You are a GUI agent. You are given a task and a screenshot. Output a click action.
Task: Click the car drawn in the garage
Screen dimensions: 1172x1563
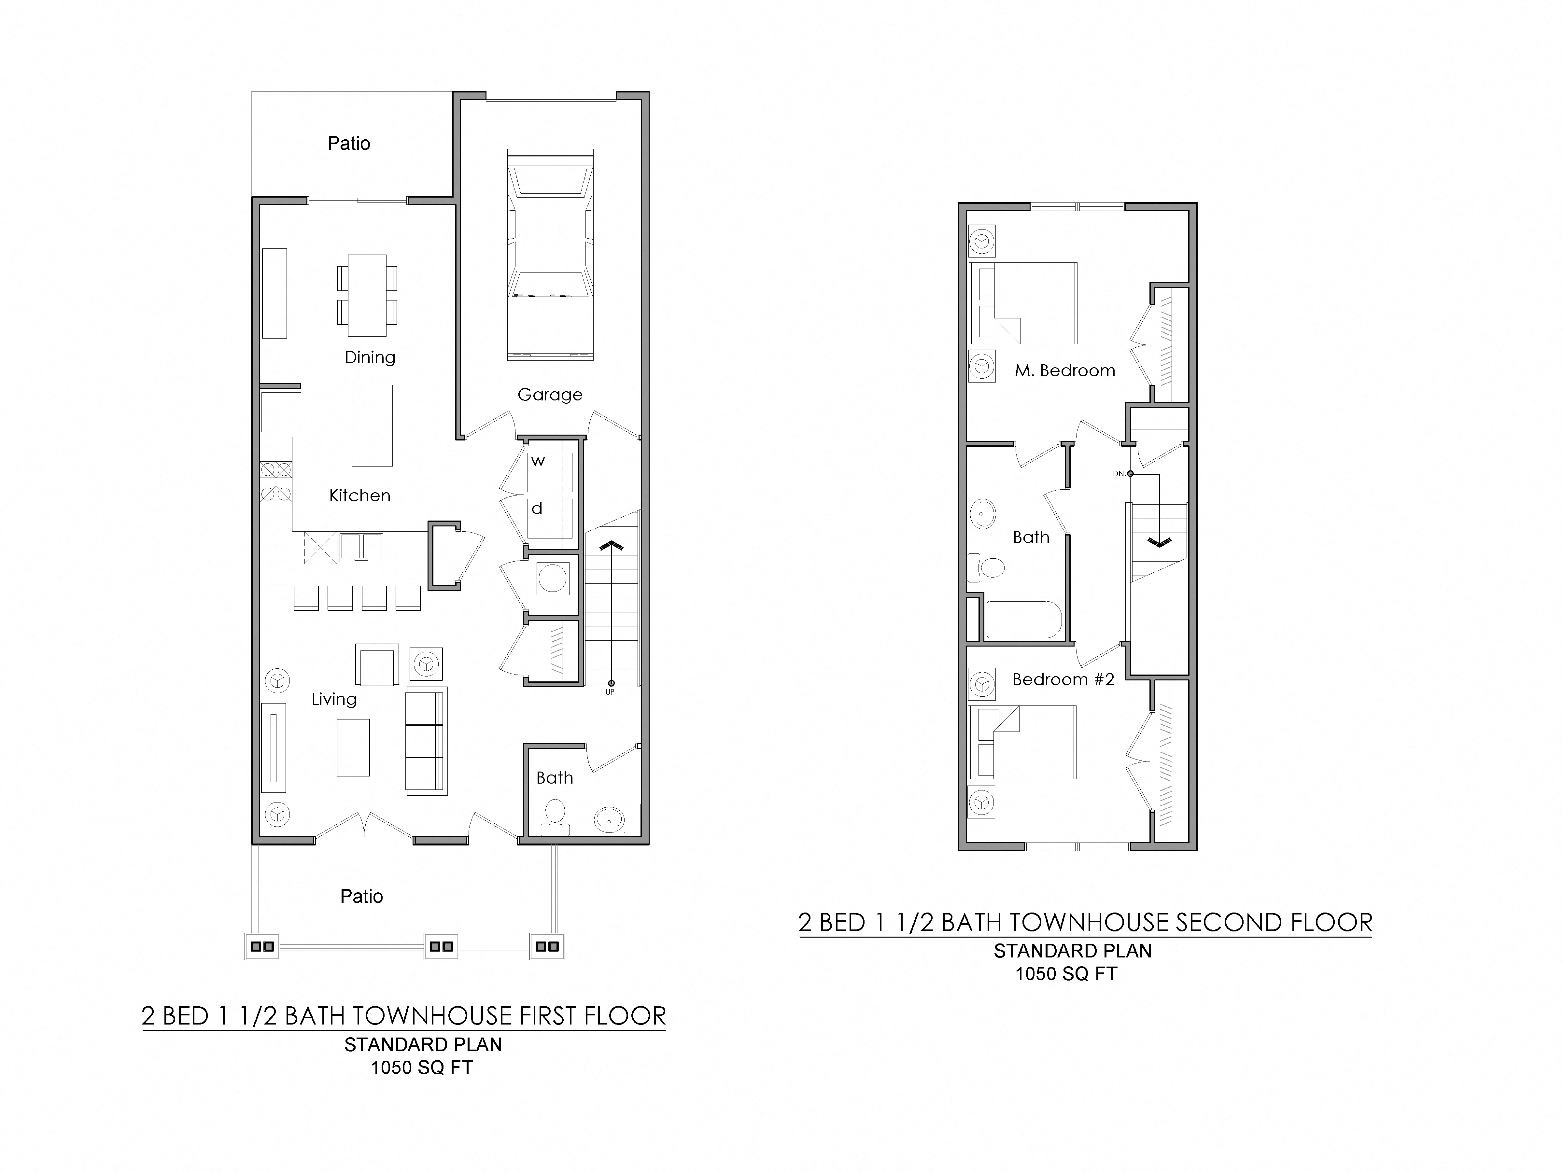(x=550, y=254)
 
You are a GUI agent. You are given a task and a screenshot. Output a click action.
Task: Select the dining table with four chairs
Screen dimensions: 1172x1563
(x=367, y=295)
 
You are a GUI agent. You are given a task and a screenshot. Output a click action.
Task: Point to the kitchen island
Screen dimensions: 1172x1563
(x=372, y=425)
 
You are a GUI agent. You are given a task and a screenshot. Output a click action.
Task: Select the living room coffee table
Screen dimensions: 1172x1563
(x=353, y=747)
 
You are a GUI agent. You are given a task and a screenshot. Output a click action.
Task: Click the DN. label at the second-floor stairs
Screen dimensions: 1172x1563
(x=1119, y=473)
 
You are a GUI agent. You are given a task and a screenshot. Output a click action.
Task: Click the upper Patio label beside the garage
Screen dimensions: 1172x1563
(x=348, y=144)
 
